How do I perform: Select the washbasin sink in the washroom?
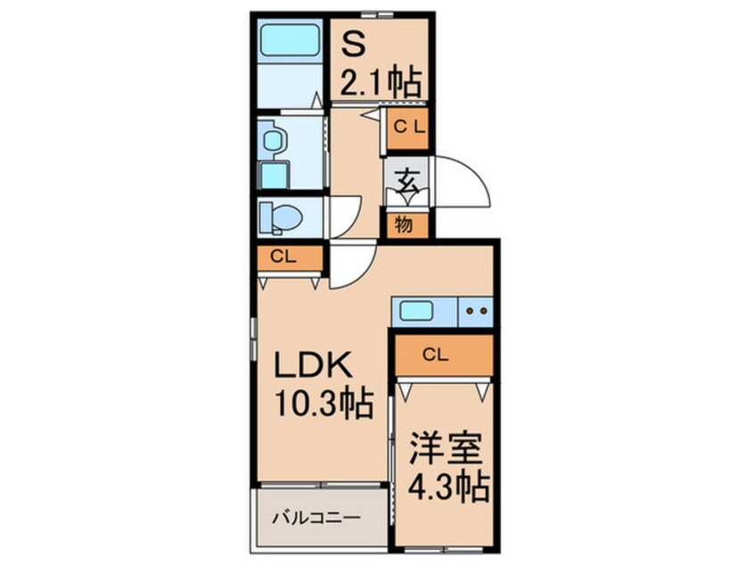coord(273,140)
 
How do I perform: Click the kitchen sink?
coord(416,312)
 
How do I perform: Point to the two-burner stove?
coord(474,312)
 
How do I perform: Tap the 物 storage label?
coord(404,225)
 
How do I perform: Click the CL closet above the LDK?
coord(284,258)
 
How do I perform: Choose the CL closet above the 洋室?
coord(435,355)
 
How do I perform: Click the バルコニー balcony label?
coord(315,516)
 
